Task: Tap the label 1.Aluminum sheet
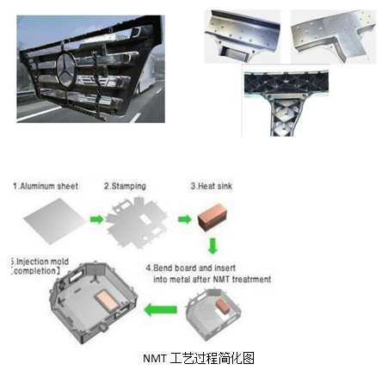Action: [x=46, y=186]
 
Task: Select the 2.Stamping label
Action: [x=125, y=186]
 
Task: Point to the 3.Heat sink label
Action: [x=212, y=186]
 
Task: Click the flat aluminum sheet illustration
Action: [x=55, y=221]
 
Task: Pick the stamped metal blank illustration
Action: [x=137, y=222]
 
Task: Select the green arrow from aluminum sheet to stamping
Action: [x=96, y=219]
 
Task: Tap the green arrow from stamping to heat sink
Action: [x=184, y=219]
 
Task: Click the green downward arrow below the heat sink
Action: [x=212, y=246]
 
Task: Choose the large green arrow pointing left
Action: [x=160, y=310]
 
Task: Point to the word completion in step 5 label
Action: [x=35, y=271]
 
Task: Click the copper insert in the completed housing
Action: [x=106, y=300]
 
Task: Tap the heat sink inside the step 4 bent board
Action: [x=223, y=306]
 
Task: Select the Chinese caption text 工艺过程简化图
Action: [x=212, y=358]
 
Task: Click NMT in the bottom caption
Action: [x=155, y=359]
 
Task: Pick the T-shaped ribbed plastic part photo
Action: [x=286, y=102]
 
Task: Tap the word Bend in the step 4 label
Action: [x=163, y=268]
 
